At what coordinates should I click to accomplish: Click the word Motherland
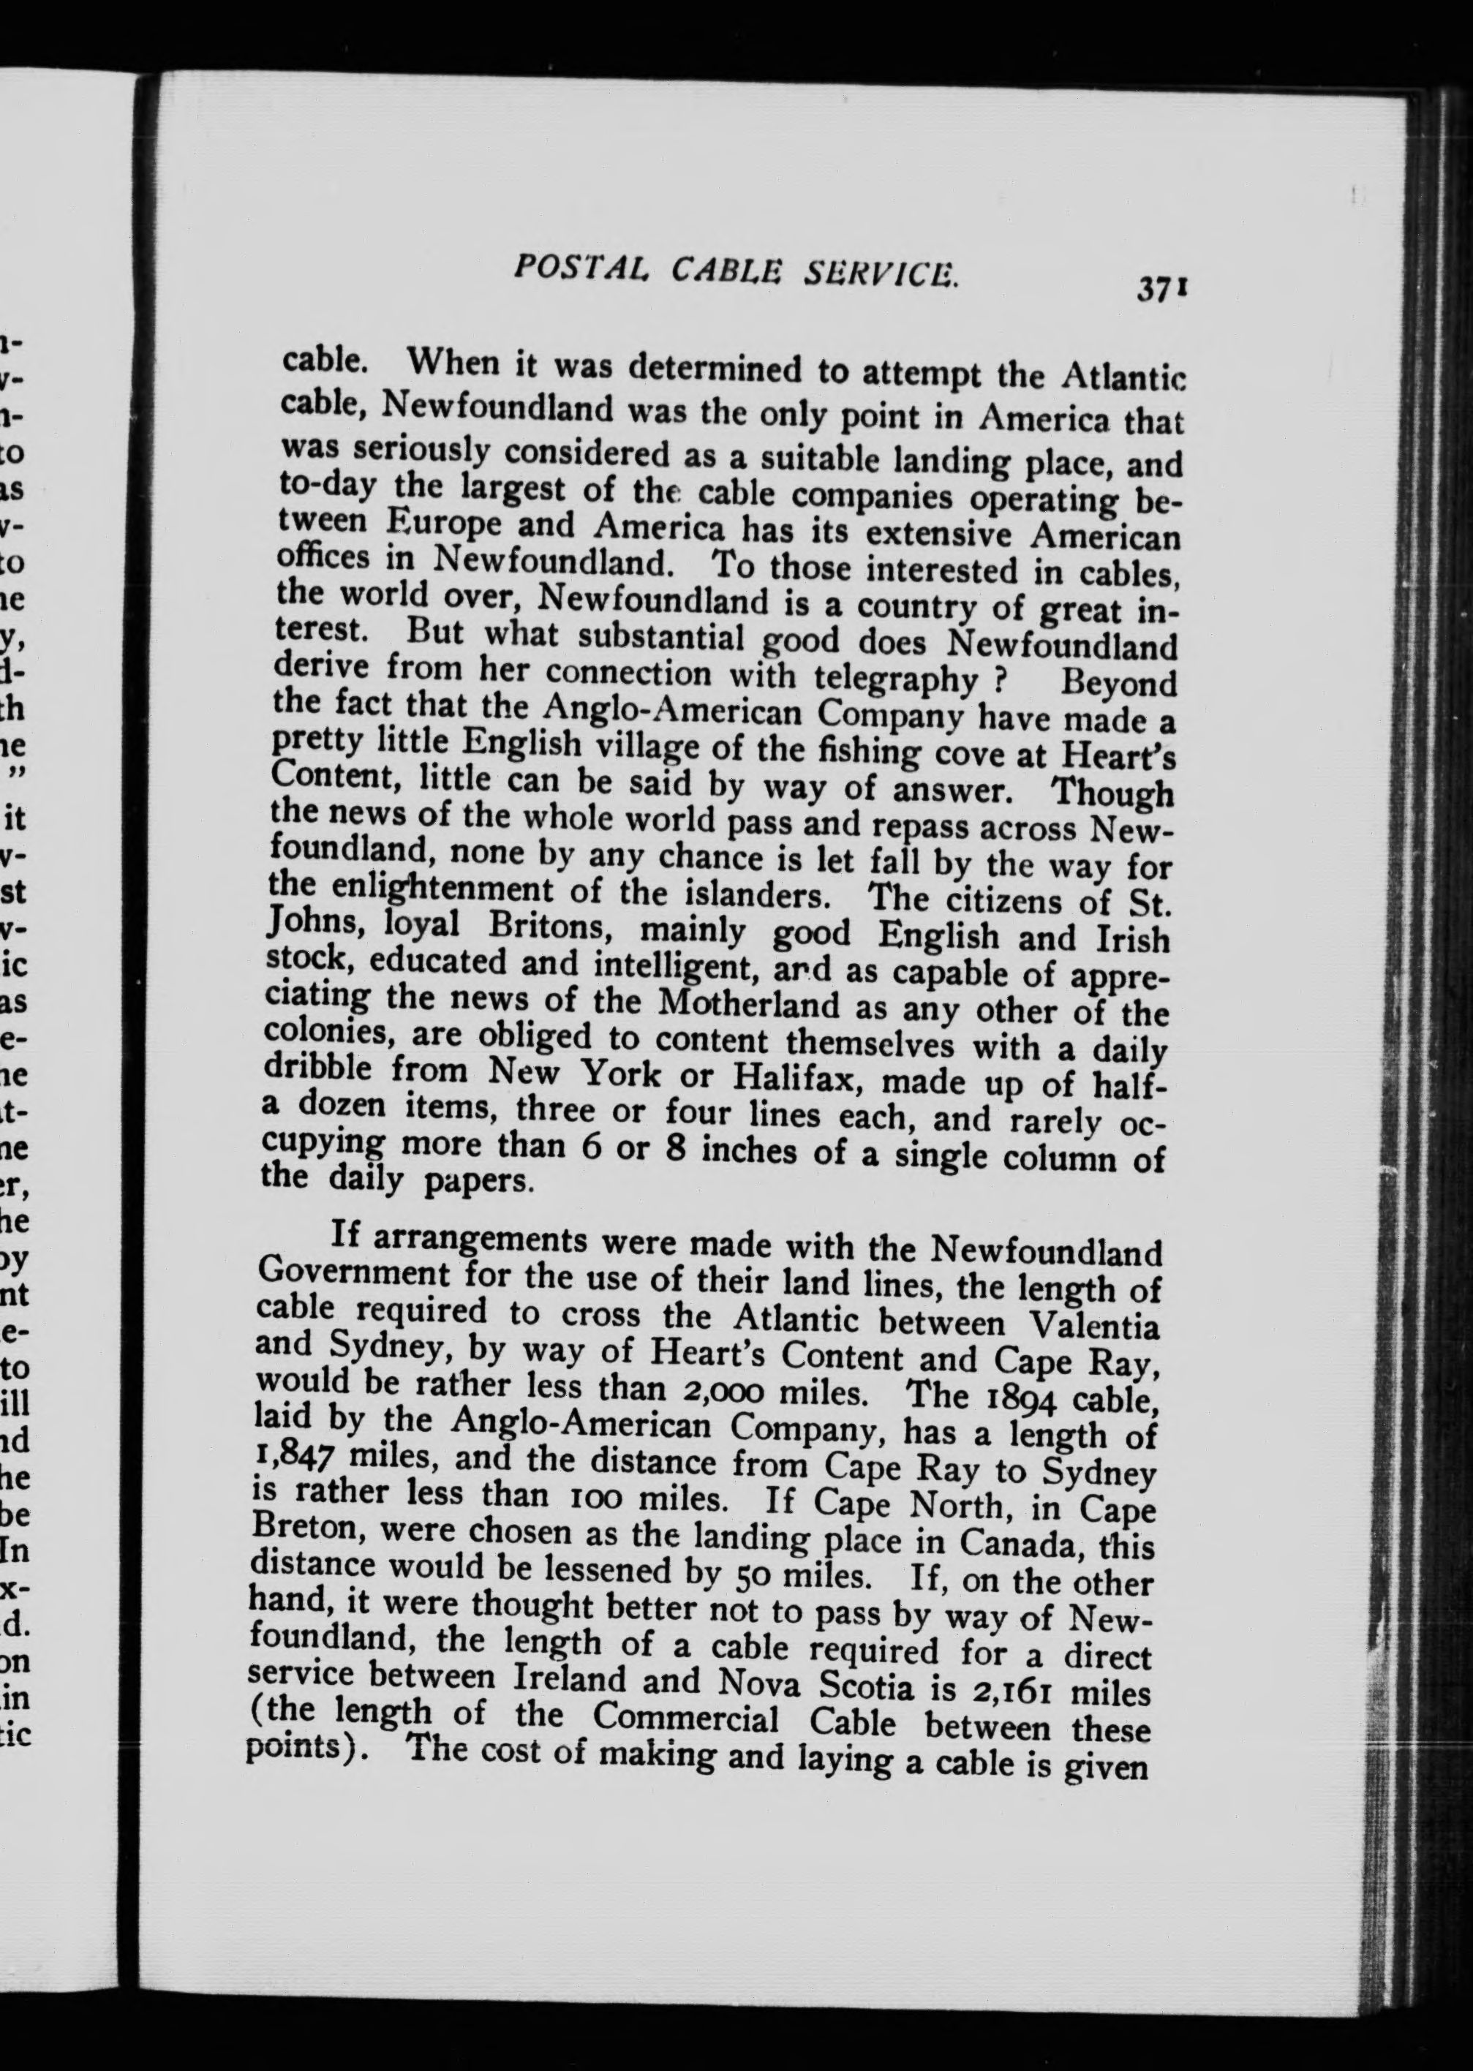[x=747, y=1005]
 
